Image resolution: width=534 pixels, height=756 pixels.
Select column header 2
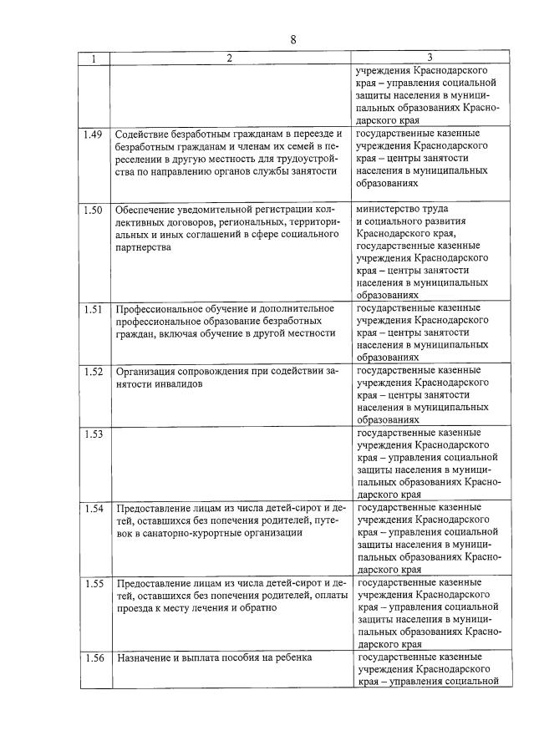pos(229,58)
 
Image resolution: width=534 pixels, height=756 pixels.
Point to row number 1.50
pos(94,209)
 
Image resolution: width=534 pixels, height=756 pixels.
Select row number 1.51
pos(94,309)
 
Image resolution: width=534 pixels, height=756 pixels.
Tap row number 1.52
pos(94,371)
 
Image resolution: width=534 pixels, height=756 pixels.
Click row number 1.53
pos(94,434)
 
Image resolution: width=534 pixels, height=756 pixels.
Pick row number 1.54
pos(94,509)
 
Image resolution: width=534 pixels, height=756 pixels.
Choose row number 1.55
pos(94,583)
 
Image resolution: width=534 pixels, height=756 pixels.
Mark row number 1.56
pos(94,658)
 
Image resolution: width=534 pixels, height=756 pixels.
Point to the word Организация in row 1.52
pos(146,371)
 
